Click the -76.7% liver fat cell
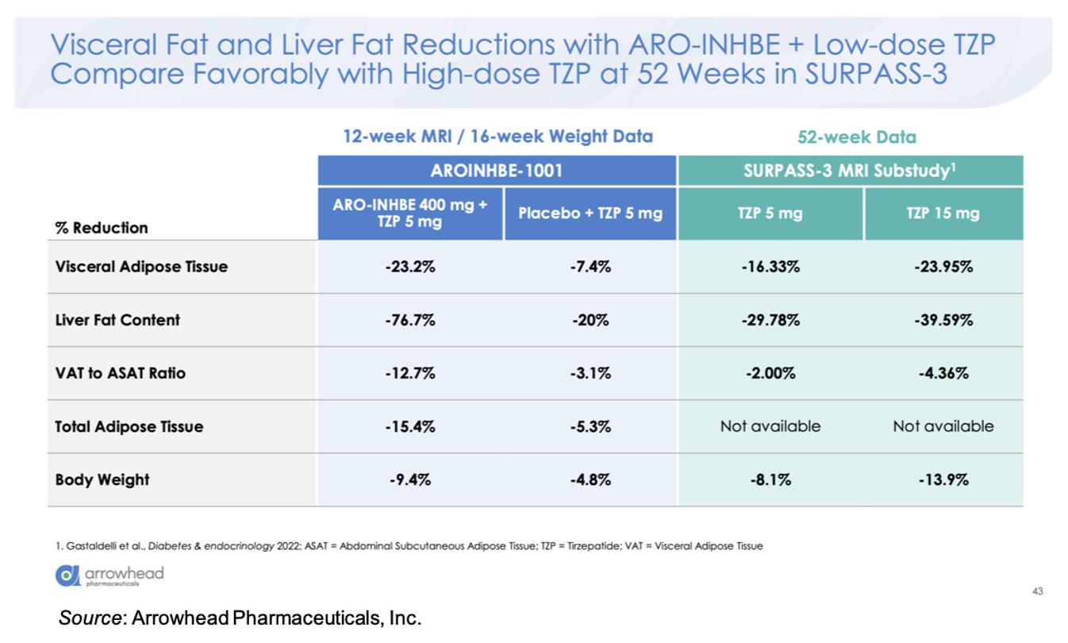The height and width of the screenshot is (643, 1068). pyautogui.click(x=411, y=320)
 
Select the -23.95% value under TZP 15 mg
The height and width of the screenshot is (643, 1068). pyautogui.click(x=943, y=267)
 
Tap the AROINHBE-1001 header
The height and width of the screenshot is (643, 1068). pyautogui.click(x=498, y=171)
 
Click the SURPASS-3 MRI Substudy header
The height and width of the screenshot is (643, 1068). pyautogui.click(x=850, y=171)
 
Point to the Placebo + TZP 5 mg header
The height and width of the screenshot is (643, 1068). pyautogui.click(x=590, y=214)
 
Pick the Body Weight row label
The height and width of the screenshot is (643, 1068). pyautogui.click(x=102, y=479)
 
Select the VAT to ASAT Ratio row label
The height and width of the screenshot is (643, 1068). pyautogui.click(x=120, y=373)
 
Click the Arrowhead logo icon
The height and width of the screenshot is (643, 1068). pyautogui.click(x=67, y=576)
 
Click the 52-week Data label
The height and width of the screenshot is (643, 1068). pyautogui.click(x=856, y=137)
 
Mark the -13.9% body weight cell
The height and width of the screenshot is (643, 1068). pyautogui.click(x=943, y=479)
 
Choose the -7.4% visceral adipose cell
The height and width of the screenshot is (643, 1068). pyautogui.click(x=590, y=267)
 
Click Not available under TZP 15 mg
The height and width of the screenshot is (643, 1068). pyautogui.click(x=943, y=426)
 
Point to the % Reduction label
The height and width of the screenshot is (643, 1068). pyautogui.click(x=102, y=228)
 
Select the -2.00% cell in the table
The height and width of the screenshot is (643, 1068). pyautogui.click(x=770, y=373)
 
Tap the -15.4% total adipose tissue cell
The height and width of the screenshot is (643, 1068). pyautogui.click(x=411, y=426)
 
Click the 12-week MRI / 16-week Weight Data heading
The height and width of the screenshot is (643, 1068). pyautogui.click(x=498, y=137)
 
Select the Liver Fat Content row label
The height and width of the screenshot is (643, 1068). pyautogui.click(x=117, y=320)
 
